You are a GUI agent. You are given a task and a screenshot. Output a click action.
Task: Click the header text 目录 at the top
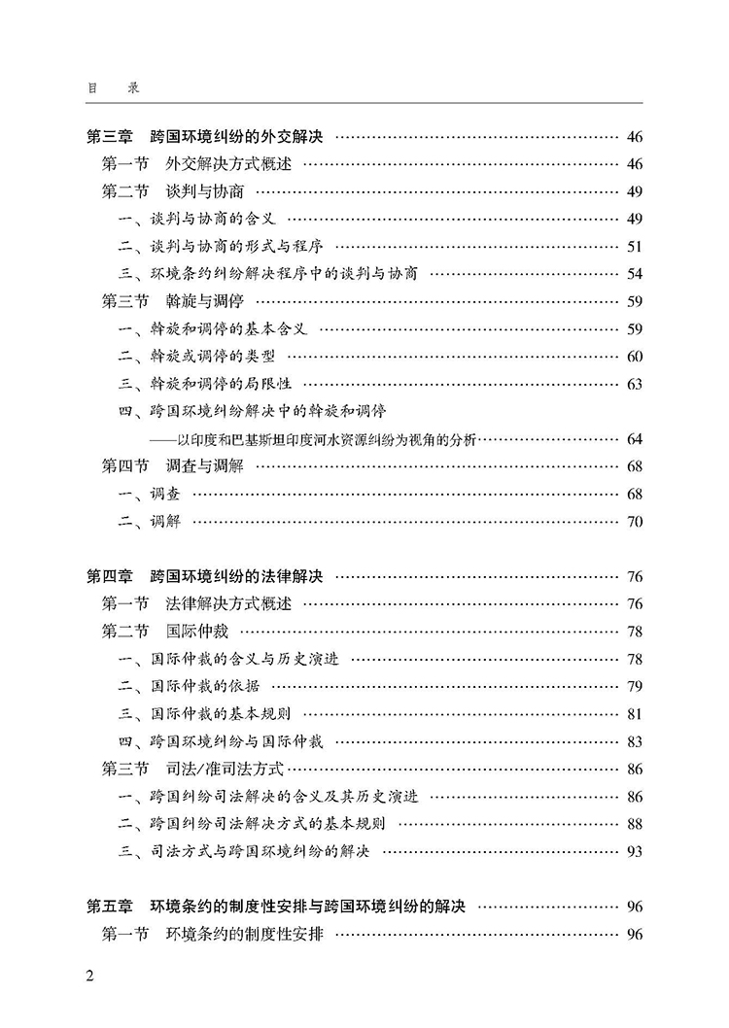pos(113,87)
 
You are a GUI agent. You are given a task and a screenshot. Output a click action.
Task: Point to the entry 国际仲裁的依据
pos(200,687)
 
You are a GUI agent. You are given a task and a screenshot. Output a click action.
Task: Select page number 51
pos(635,247)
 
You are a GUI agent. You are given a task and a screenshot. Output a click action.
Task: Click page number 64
pos(635,439)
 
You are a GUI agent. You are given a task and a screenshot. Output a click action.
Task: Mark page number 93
pos(635,852)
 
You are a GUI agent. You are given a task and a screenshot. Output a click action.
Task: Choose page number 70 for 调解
pos(635,522)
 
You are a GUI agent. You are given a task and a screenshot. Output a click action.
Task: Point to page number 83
pos(635,742)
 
